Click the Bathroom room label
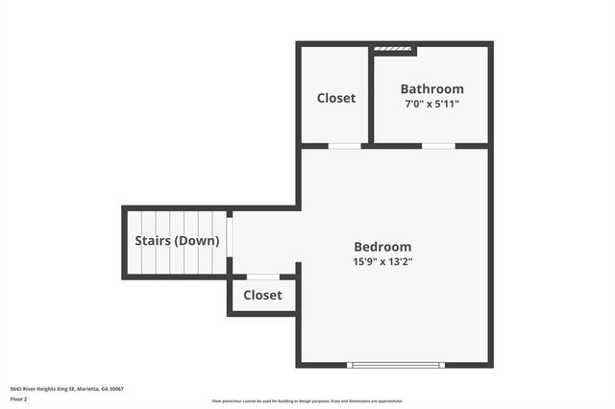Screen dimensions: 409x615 coord(431,89)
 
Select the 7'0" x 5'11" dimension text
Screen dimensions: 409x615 coord(430,104)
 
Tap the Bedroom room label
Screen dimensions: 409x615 coord(382,247)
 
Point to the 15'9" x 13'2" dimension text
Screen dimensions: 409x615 coord(382,261)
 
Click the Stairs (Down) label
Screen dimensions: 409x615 coord(177,241)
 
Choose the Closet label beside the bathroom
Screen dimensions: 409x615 coord(336,98)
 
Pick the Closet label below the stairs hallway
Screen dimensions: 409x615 coord(262,295)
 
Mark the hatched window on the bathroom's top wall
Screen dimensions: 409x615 coord(393,48)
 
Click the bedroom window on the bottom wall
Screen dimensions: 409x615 coord(396,365)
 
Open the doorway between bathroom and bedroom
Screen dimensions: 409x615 coord(438,146)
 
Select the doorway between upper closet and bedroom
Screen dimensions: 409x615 coord(345,146)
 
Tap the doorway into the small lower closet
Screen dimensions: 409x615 coord(262,277)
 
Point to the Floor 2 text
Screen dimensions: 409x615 coord(19,398)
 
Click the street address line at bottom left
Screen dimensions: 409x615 coord(66,389)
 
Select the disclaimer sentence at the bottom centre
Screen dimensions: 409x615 coord(307,401)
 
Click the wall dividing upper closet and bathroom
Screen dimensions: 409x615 coord(371,96)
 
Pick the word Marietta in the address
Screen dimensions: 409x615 coord(87,389)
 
